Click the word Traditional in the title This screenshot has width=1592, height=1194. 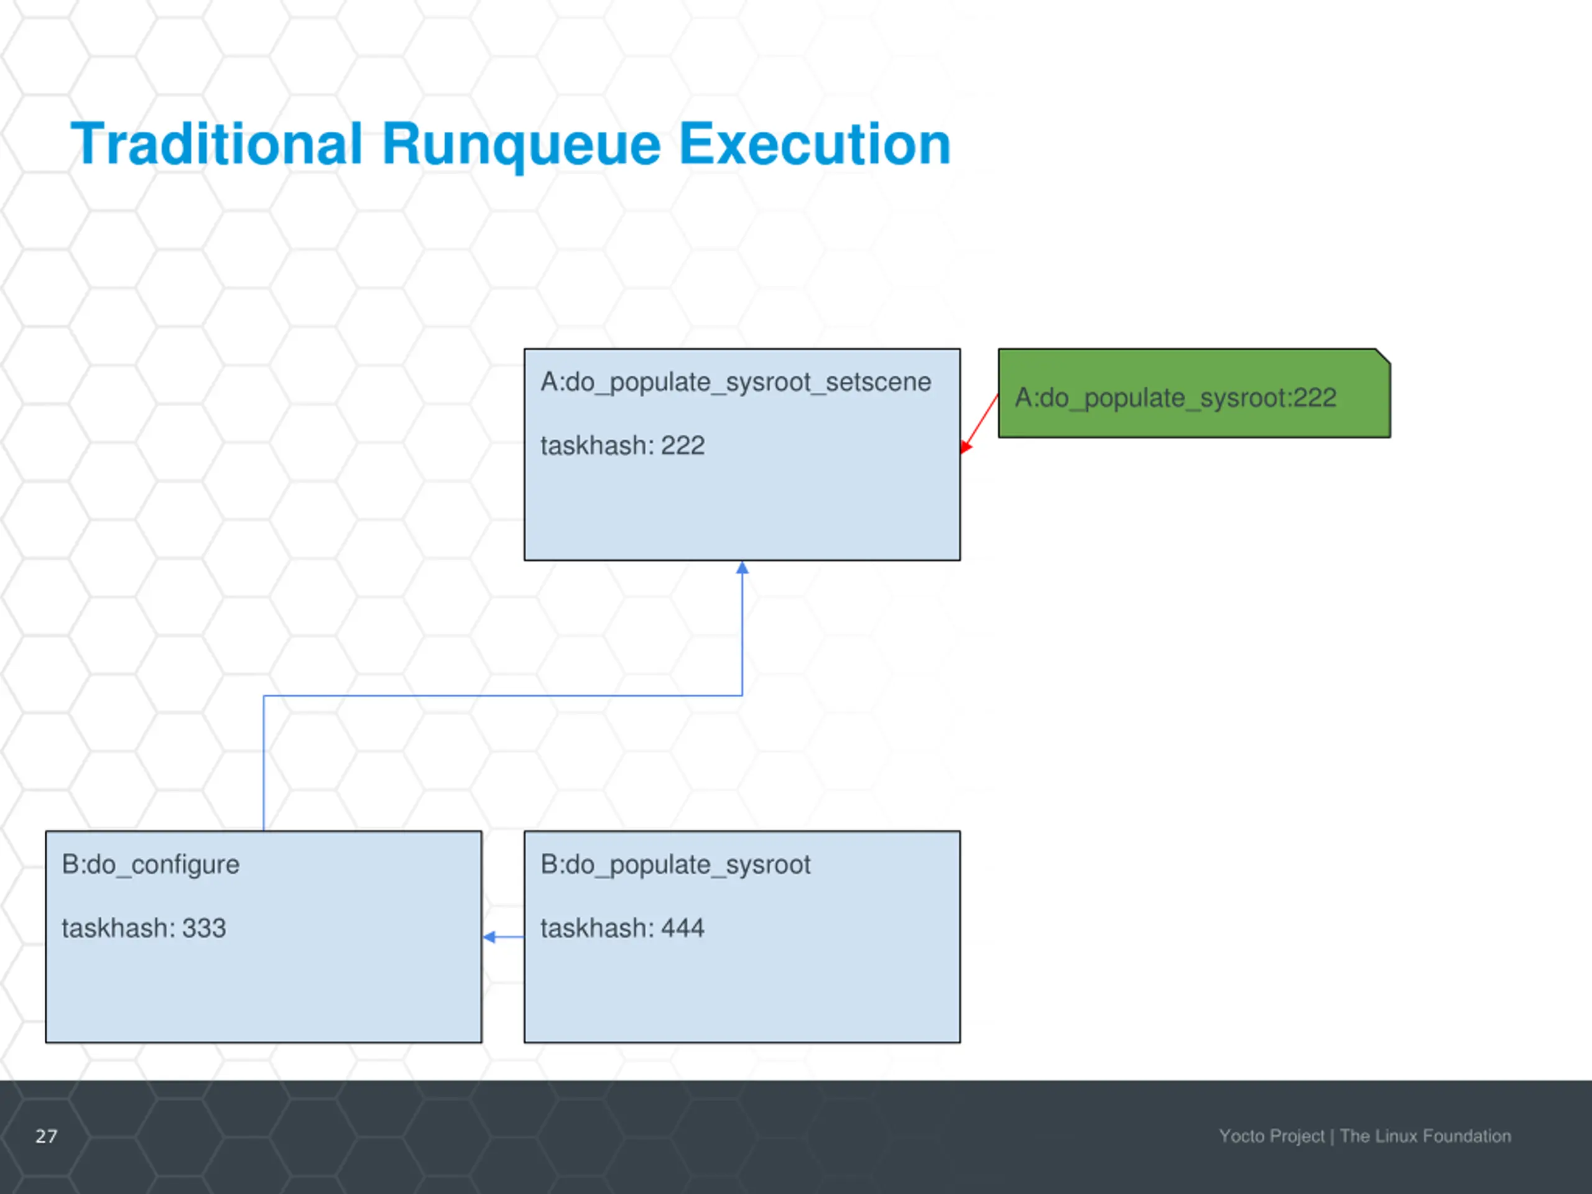216,144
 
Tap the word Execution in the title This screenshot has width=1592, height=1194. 814,144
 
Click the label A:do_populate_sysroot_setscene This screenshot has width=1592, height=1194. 736,382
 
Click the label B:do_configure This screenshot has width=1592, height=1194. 150,864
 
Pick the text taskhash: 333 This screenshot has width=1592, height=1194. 144,928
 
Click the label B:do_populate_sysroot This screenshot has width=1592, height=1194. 675,864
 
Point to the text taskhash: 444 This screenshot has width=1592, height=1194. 622,928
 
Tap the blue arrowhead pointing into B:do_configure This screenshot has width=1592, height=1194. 489,937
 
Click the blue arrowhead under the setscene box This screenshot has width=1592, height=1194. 742,568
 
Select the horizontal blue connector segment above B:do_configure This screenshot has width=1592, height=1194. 504,695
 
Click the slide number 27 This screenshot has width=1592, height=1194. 47,1136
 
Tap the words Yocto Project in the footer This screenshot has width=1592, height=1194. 1271,1136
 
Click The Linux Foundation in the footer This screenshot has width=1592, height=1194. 1425,1136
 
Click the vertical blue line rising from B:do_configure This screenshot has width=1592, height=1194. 264,763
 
